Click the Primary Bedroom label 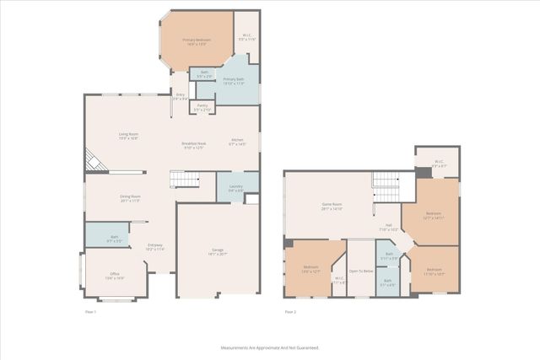click(197, 40)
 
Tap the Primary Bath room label click(234, 80)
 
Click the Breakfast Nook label click(194, 145)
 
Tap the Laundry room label click(236, 188)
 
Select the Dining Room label click(129, 198)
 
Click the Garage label click(217, 250)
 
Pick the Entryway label click(154, 246)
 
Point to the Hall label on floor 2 click(389, 226)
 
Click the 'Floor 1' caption click(91, 312)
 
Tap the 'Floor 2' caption click(290, 312)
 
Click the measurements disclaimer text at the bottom click(270, 347)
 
